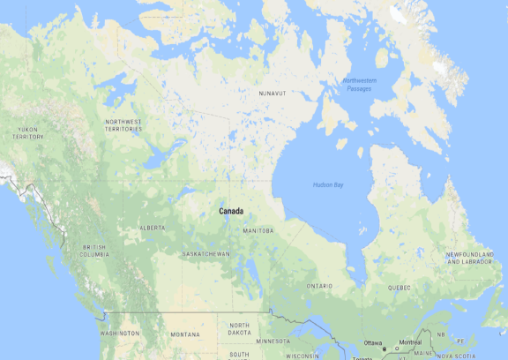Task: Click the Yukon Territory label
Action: [28, 133]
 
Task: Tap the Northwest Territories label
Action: [123, 125]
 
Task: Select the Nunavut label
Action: [273, 93]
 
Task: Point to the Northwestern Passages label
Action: [359, 86]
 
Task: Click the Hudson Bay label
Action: [328, 184]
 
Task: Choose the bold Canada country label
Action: [231, 211]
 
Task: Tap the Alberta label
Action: [152, 229]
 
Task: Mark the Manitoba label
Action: [258, 231]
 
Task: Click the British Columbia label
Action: [95, 251]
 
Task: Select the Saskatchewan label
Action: [205, 254]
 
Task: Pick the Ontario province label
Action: [319, 287]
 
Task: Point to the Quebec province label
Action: [399, 288]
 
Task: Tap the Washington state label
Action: [120, 334]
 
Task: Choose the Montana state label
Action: [185, 334]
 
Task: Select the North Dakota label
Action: [239, 329]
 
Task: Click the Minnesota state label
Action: [273, 341]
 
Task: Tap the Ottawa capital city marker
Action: [384, 349]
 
